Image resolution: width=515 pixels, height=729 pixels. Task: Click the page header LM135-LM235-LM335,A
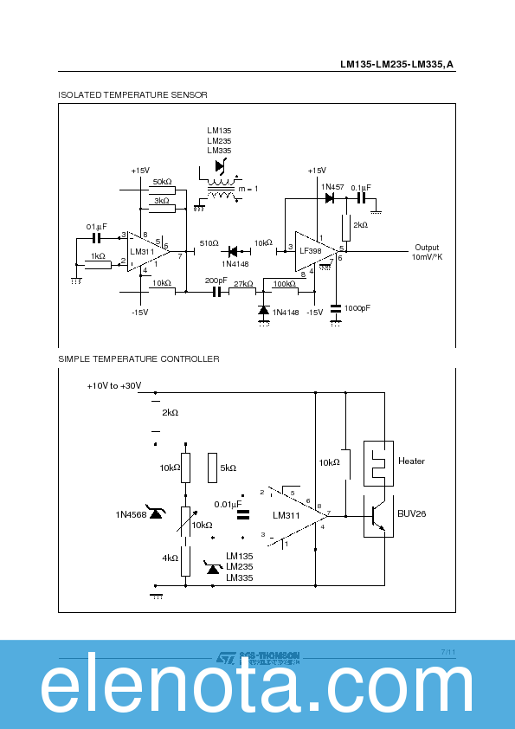pyautogui.click(x=396, y=64)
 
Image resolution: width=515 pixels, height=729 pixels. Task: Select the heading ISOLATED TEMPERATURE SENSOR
pyautogui.click(x=132, y=94)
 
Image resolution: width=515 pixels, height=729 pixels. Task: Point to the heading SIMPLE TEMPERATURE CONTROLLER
pyautogui.click(x=138, y=358)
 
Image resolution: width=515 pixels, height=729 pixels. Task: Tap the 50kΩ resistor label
pyautogui.click(x=162, y=182)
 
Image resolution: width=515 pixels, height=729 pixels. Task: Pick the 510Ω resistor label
pyautogui.click(x=209, y=243)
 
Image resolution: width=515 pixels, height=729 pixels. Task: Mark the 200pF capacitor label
pyautogui.click(x=216, y=281)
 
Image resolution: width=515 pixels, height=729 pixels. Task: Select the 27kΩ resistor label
pyautogui.click(x=243, y=283)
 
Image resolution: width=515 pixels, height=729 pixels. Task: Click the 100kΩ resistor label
pyautogui.click(x=284, y=283)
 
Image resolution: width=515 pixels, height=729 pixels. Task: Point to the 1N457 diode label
pyautogui.click(x=332, y=187)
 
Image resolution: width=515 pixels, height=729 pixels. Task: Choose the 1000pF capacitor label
pyautogui.click(x=357, y=308)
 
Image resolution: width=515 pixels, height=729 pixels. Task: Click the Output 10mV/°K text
pyautogui.click(x=427, y=252)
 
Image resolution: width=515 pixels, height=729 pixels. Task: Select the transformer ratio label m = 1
pyautogui.click(x=248, y=189)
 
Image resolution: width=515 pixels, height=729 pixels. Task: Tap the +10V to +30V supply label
pyautogui.click(x=113, y=385)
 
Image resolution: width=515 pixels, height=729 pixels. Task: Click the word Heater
pyautogui.click(x=411, y=461)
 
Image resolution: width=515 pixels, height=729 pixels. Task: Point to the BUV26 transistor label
pyautogui.click(x=411, y=513)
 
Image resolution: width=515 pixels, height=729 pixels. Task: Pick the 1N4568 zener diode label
pyautogui.click(x=130, y=515)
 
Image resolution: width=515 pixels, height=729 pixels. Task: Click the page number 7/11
pyautogui.click(x=447, y=651)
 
